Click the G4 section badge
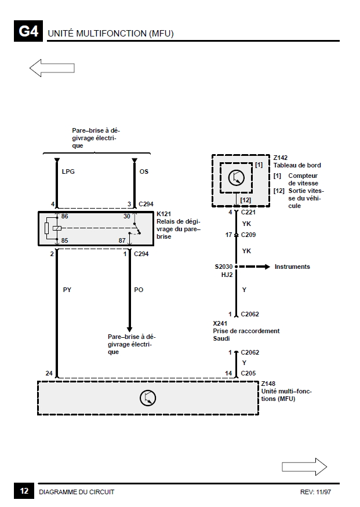28,31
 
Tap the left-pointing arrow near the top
52,68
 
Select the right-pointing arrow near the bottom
304,466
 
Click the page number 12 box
24,491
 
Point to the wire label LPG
68,172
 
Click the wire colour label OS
144,172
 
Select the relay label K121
163,214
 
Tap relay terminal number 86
65,216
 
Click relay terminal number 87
122,240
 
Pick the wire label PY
67,290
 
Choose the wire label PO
139,290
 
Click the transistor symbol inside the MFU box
148,397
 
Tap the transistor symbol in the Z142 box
237,177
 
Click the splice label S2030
224,267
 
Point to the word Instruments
292,267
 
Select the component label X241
220,323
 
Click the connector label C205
249,373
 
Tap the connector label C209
249,235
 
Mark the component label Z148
268,384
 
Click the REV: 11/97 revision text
316,492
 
